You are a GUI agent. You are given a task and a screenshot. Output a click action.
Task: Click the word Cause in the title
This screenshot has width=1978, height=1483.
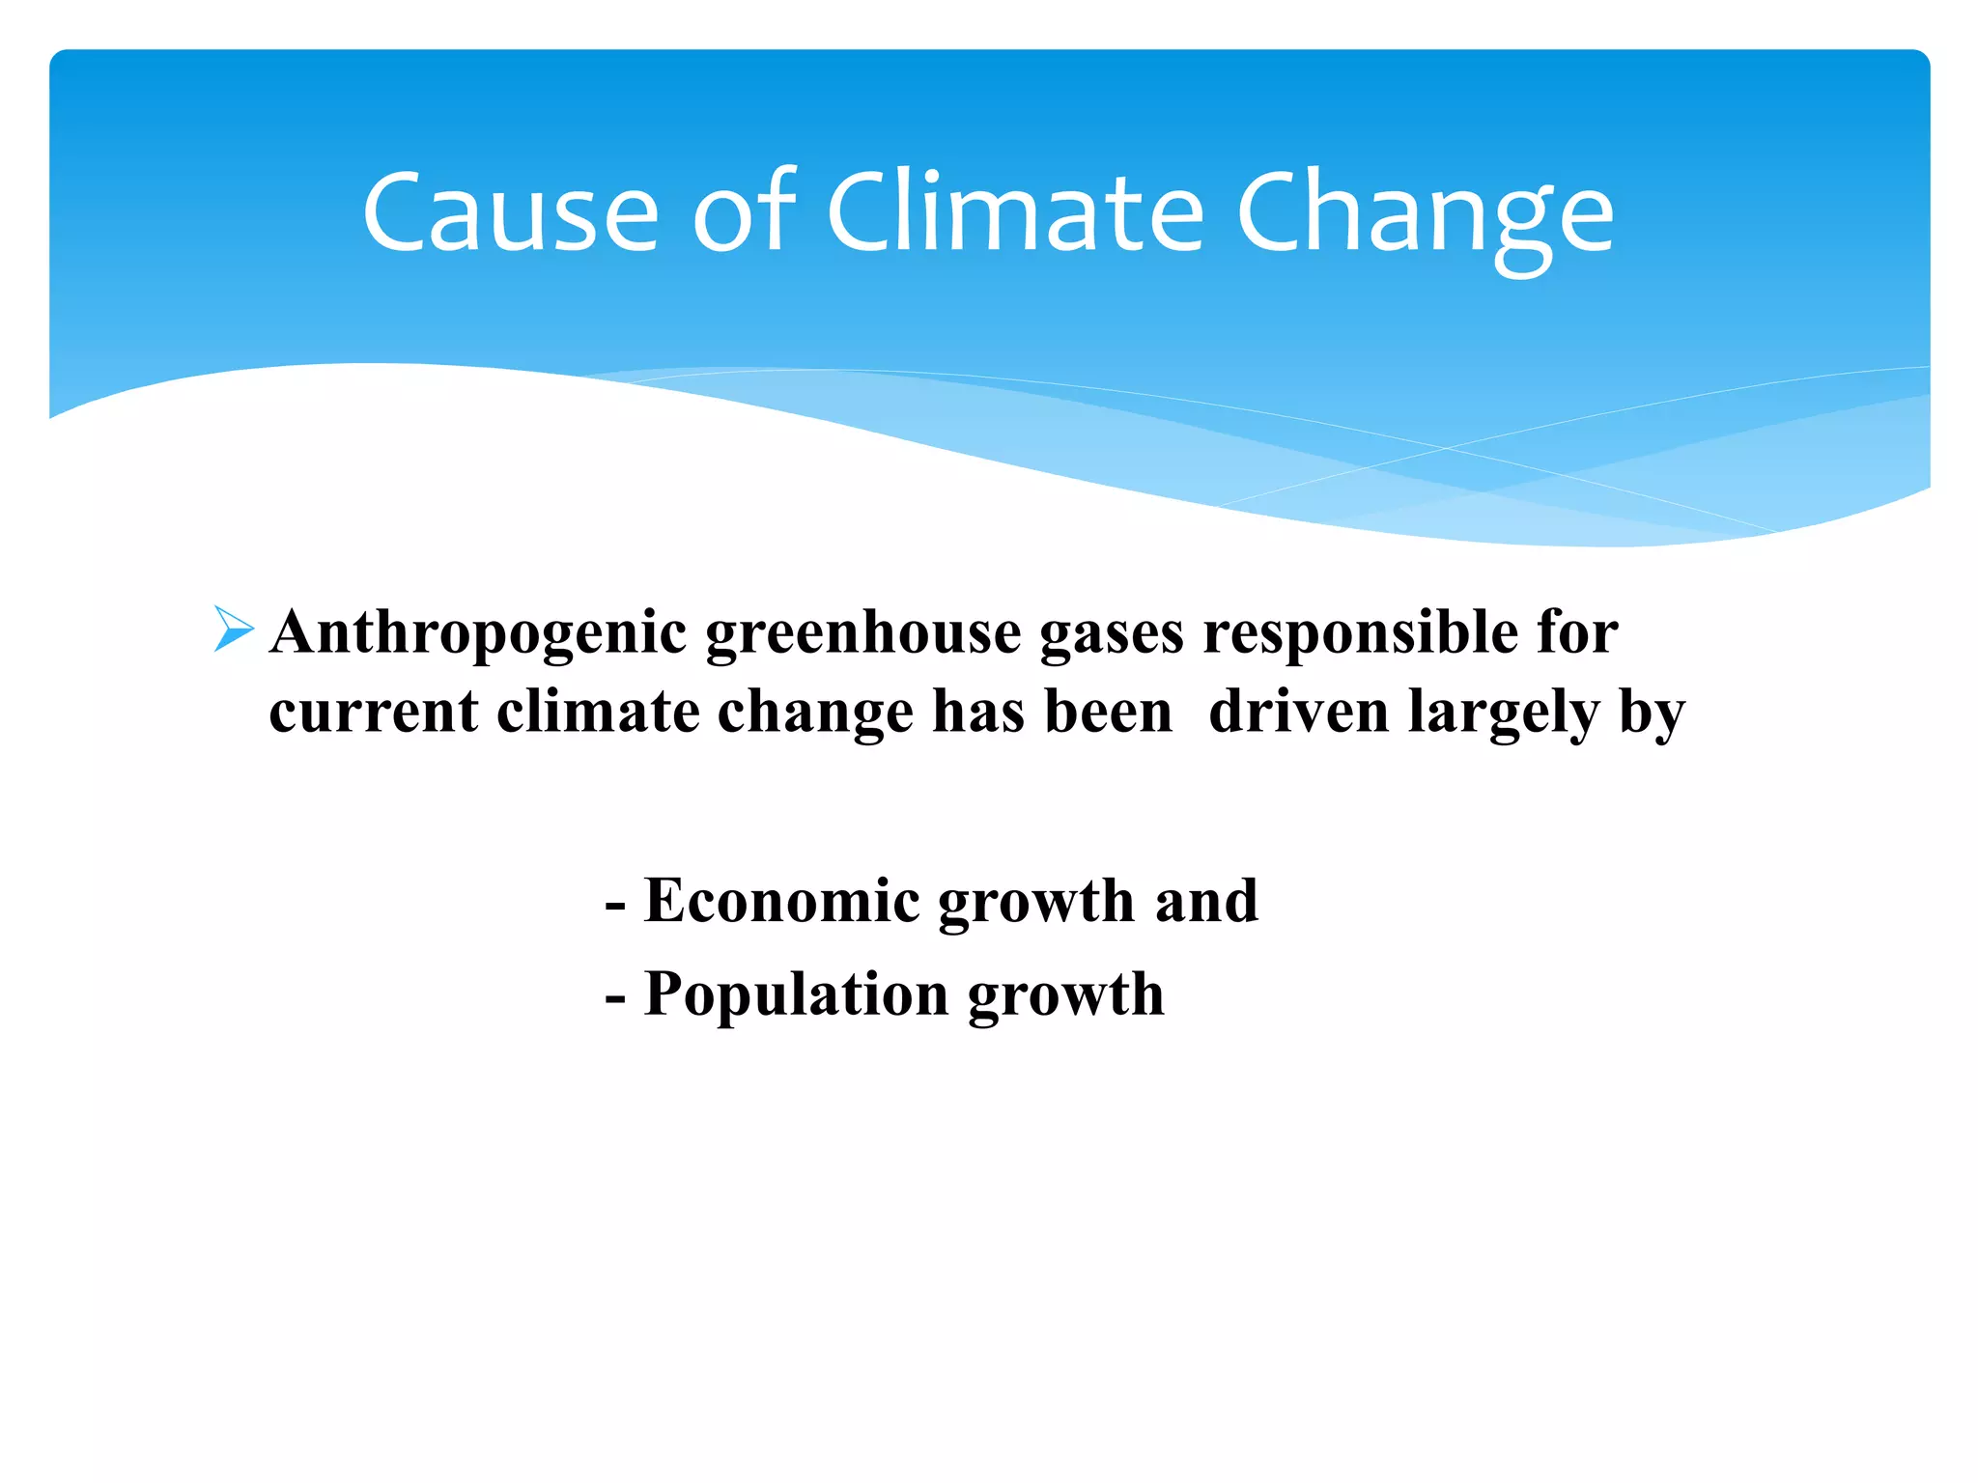coord(511,212)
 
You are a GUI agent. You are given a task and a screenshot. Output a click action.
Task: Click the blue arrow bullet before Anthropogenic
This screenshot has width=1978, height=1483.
coord(233,630)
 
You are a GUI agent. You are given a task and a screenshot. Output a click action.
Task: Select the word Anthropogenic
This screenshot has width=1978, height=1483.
coord(479,633)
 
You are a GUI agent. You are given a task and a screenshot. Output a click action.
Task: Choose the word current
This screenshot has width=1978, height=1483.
coord(373,713)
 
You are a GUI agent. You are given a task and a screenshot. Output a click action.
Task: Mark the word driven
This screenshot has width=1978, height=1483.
coord(1299,713)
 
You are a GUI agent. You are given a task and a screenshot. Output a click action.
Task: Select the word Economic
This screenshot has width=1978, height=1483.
coord(781,901)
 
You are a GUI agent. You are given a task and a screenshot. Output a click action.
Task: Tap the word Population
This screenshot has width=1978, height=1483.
coord(796,995)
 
